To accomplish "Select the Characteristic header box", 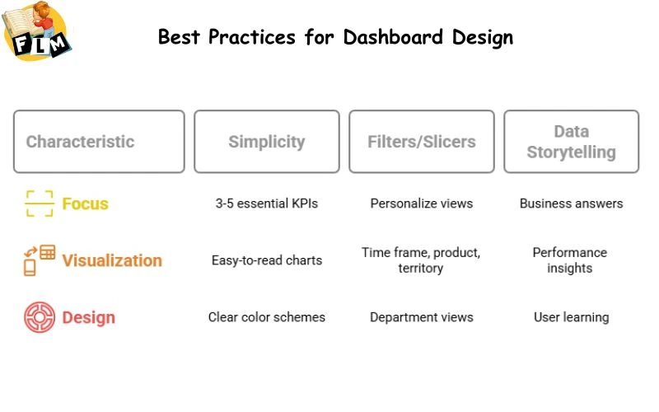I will (99, 142).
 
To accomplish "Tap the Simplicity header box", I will (266, 142).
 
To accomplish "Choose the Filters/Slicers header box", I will (421, 142).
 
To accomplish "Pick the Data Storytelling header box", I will (571, 142).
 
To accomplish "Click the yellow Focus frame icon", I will (39, 204).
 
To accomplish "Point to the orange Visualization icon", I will (39, 260).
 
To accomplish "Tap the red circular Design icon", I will (39, 317).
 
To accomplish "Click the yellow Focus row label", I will (85, 204).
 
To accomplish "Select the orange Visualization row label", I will (112, 260).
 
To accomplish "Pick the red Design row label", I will (88, 317).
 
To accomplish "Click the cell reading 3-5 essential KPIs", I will (266, 204).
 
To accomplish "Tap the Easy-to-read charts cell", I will (266, 260).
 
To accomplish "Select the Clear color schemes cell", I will (266, 317).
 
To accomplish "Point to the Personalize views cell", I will (421, 204).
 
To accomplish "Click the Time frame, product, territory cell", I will (421, 260).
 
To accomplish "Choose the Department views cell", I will (421, 317).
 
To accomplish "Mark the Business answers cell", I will (571, 204).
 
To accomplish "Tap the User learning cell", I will (571, 317).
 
